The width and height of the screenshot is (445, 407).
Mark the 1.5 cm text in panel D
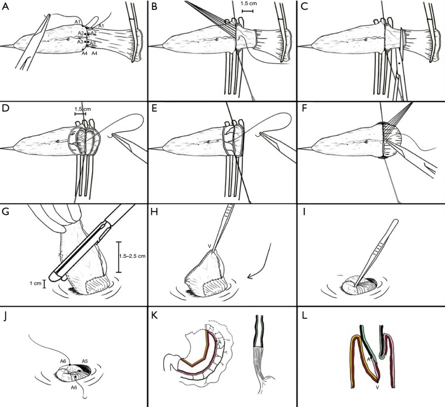(82, 109)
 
